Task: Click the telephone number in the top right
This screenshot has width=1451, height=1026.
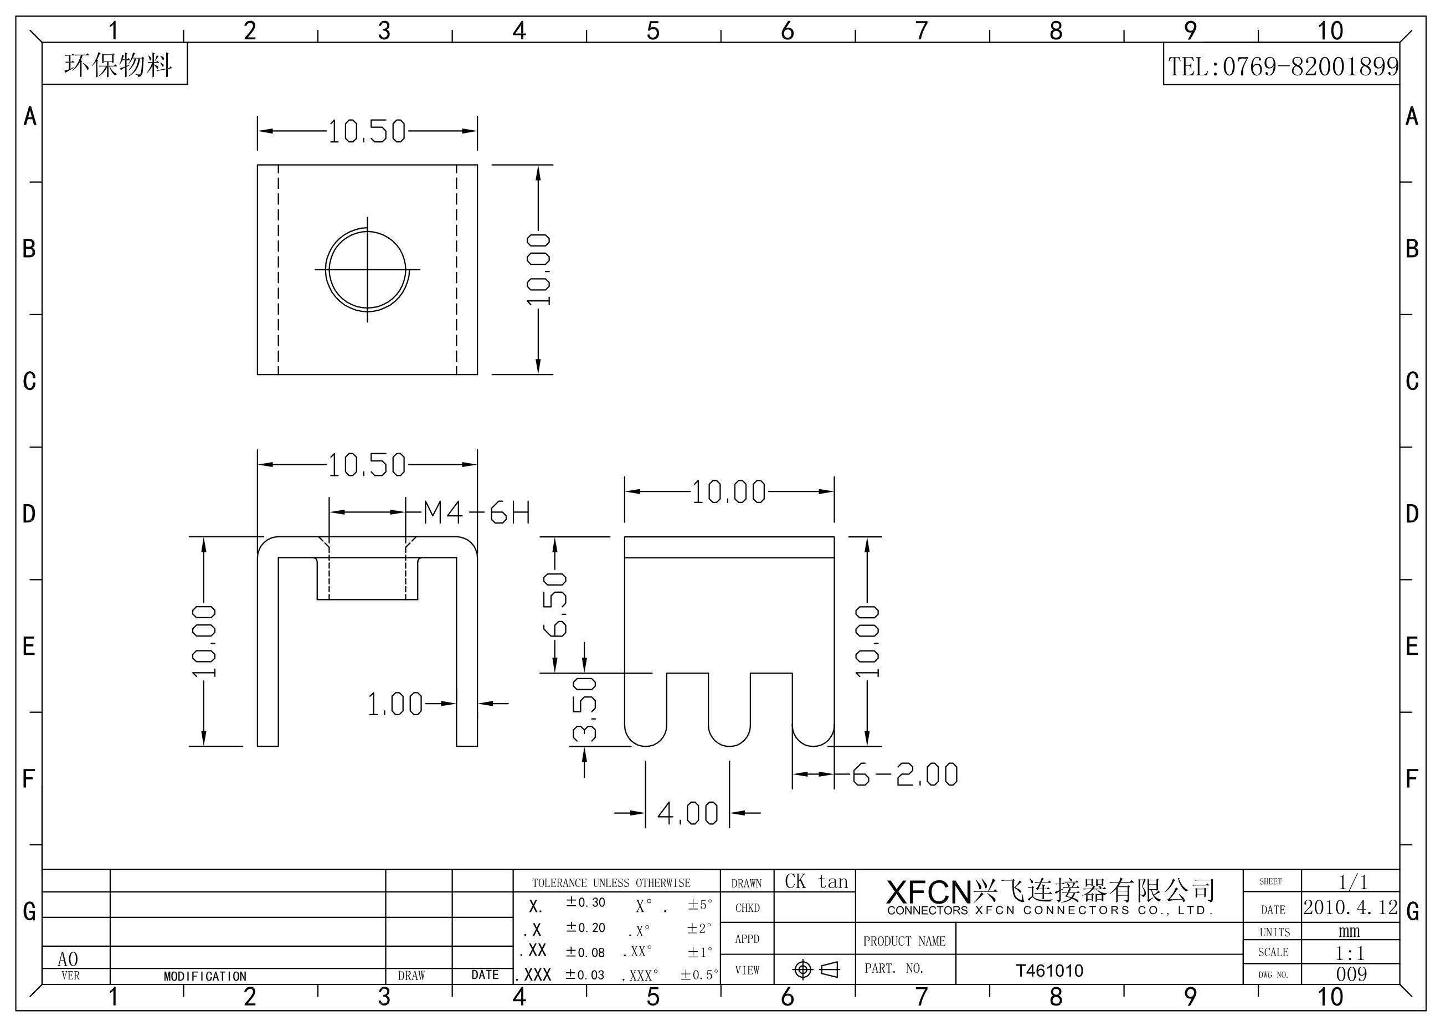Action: click(1283, 66)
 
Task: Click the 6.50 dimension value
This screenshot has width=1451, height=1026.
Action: click(555, 604)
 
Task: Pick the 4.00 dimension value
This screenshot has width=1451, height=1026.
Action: click(688, 814)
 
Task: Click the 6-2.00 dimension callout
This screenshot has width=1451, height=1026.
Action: click(905, 775)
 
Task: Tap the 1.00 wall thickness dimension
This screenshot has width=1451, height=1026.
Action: click(395, 704)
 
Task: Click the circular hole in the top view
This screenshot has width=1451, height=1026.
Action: click(367, 270)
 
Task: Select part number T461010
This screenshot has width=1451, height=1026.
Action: click(1049, 971)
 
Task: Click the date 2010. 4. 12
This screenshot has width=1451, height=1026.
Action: click(1351, 908)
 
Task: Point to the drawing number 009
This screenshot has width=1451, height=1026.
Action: click(1351, 974)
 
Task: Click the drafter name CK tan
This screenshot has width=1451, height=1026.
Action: click(816, 882)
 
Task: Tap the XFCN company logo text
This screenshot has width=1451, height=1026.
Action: click(928, 892)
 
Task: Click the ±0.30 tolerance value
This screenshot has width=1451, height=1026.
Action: click(585, 902)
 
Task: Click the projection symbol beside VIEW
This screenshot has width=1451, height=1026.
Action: click(816, 969)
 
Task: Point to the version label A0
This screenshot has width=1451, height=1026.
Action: click(68, 960)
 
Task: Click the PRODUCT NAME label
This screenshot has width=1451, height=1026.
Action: click(904, 941)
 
